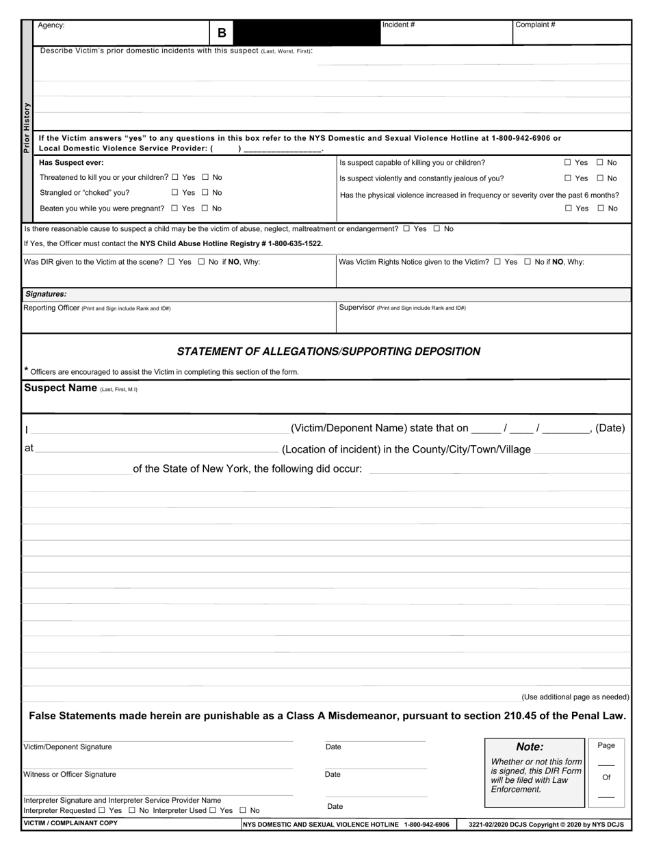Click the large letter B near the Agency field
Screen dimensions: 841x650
point(222,33)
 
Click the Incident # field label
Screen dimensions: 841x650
point(398,25)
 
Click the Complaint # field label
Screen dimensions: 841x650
point(535,25)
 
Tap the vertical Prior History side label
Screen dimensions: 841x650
point(27,127)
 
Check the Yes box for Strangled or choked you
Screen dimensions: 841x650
point(175,193)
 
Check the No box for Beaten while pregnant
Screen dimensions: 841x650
point(205,209)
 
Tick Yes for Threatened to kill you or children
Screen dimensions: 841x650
point(175,177)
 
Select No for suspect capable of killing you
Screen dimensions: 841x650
point(600,163)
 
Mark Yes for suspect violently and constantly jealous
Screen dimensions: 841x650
point(568,178)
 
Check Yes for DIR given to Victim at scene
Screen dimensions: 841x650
point(171,262)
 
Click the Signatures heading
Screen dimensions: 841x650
point(46,294)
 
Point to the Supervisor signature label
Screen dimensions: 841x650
point(356,308)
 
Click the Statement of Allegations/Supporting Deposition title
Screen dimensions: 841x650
point(328,351)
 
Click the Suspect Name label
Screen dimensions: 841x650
point(60,388)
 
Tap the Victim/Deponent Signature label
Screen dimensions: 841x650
point(68,747)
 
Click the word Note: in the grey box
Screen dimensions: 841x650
point(530,747)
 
